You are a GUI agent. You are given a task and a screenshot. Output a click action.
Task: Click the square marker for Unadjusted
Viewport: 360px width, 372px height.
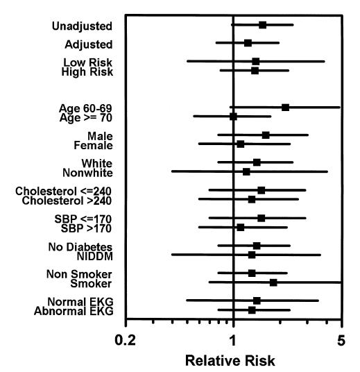pyautogui.click(x=262, y=25)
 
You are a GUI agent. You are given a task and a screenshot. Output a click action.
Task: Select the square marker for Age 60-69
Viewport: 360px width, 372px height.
pyautogui.click(x=285, y=108)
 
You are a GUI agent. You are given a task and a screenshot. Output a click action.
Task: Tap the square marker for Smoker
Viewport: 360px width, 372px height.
pyautogui.click(x=273, y=282)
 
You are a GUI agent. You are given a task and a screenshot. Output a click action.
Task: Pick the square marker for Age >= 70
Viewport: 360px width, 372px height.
pyautogui.click(x=233, y=117)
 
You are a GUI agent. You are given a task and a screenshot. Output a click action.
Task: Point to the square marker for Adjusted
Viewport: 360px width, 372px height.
pyautogui.click(x=248, y=43)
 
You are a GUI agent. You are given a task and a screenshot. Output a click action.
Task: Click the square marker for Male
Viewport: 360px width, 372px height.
pyautogui.click(x=266, y=135)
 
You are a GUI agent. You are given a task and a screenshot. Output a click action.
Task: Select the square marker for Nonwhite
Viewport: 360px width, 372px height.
pyautogui.click(x=246, y=171)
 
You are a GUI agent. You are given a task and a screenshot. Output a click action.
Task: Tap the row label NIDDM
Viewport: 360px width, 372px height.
pyautogui.click(x=95, y=255)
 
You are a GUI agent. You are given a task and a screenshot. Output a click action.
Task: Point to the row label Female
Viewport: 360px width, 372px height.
pyautogui.click(x=93, y=145)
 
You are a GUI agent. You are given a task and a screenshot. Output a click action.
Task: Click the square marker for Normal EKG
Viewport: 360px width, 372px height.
pyautogui.click(x=257, y=301)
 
